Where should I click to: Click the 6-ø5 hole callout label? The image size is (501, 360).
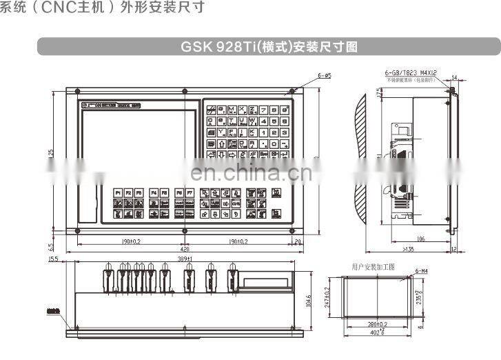coord(325,74)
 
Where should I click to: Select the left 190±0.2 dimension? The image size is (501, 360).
coord(130,242)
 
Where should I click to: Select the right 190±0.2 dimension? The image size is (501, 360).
coord(242,242)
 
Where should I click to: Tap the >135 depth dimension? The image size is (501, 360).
coord(408,250)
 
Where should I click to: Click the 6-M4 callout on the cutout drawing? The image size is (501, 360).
coord(420,272)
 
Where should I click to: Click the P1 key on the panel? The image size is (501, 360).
coord(118,192)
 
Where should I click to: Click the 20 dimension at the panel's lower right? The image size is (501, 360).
coord(297,242)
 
